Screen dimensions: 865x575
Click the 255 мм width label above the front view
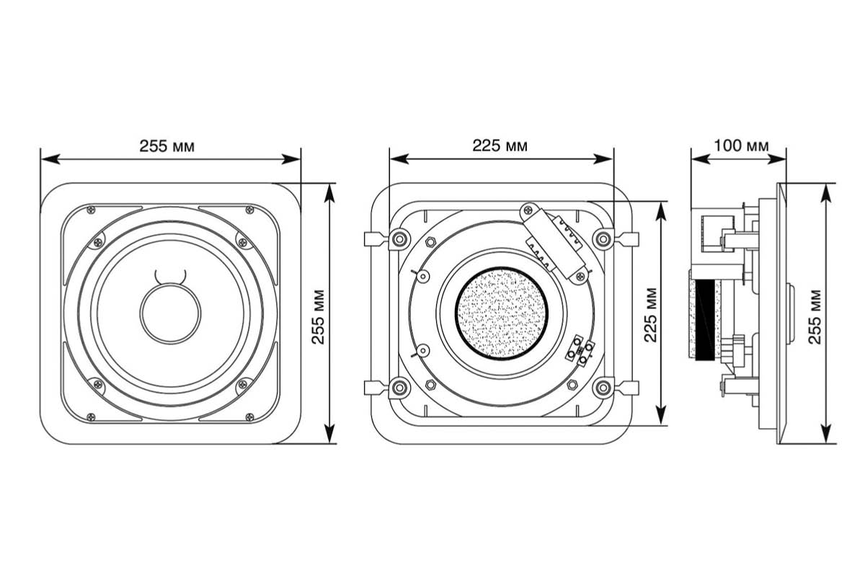[167, 146]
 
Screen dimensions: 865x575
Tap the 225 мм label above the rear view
[500, 146]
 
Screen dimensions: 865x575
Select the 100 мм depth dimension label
[741, 146]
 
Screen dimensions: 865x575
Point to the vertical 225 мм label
[650, 315]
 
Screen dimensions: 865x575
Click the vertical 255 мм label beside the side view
[815, 317]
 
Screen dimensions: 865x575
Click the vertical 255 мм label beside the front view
[318, 317]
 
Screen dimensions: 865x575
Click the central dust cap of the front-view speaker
[170, 313]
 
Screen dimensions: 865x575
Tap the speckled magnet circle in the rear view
[502, 313]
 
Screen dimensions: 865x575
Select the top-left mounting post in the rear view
[399, 239]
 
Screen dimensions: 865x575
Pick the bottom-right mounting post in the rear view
[603, 388]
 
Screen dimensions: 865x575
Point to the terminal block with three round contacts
[580, 351]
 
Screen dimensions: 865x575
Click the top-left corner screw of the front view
[91, 210]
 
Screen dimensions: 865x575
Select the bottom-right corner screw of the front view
[250, 416]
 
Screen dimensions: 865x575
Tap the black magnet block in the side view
[705, 321]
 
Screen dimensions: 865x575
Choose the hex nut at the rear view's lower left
[430, 385]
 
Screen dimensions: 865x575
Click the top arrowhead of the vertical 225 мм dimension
[662, 210]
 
